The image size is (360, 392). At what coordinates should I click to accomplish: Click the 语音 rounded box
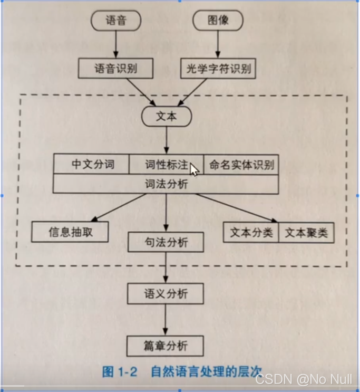click(x=116, y=21)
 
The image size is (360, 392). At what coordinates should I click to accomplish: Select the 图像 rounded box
click(x=218, y=21)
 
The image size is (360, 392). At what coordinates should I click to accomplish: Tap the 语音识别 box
click(x=115, y=68)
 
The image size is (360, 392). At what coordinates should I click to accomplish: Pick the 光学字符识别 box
click(x=218, y=68)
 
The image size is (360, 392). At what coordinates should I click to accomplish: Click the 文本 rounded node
click(x=167, y=117)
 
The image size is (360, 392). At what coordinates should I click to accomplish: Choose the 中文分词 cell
click(x=92, y=164)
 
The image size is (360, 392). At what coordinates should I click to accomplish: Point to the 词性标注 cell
click(x=166, y=164)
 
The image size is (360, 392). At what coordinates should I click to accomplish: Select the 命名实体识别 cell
click(x=241, y=164)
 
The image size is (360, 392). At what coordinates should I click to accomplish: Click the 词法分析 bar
click(x=166, y=183)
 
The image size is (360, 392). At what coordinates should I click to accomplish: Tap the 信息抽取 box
click(x=70, y=232)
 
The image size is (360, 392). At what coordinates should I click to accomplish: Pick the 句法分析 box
click(x=166, y=242)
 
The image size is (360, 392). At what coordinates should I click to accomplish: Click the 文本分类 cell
click(x=251, y=232)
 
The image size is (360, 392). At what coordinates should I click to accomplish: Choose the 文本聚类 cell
click(x=306, y=232)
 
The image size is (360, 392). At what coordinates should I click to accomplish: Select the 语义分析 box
click(x=166, y=293)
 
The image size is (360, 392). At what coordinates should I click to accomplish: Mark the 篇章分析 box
click(x=166, y=346)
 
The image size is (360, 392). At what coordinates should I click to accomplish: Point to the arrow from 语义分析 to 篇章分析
click(x=166, y=320)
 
